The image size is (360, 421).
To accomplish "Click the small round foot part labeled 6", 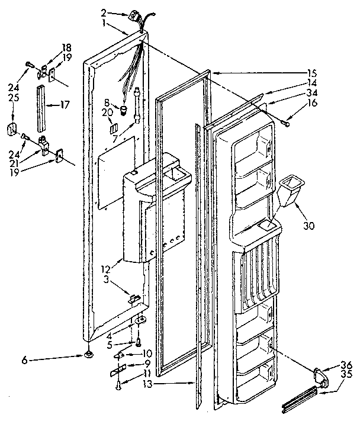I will coord(88,355).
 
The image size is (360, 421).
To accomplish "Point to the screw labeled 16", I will coord(287,123).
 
